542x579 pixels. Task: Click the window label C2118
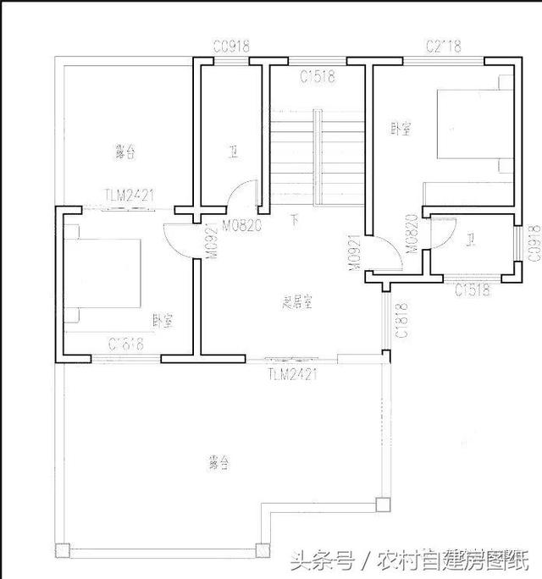(444, 47)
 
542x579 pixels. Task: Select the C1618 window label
(126, 345)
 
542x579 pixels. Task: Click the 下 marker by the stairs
(295, 221)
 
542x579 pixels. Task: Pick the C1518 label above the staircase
(318, 77)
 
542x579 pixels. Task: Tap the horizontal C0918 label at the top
(231, 47)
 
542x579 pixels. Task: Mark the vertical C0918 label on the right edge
(533, 241)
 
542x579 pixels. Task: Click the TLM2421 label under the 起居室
(292, 373)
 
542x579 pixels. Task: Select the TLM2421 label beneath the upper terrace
(130, 196)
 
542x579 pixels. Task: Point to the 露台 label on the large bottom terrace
(218, 463)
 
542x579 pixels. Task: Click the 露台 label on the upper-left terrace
(125, 152)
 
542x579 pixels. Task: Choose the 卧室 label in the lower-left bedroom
(163, 321)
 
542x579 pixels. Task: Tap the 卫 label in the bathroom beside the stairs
(232, 153)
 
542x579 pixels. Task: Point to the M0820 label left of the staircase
(241, 226)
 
